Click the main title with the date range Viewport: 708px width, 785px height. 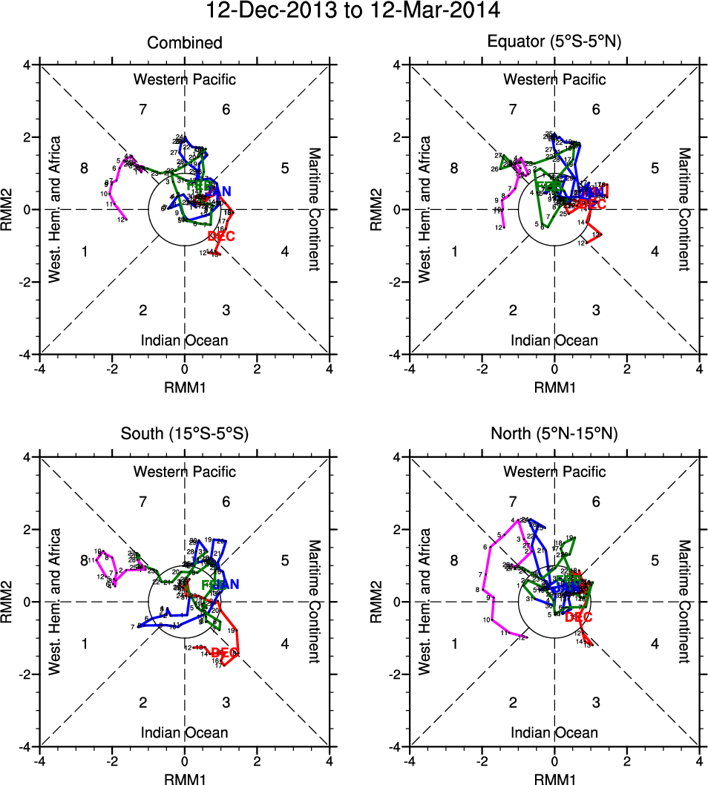tap(353, 11)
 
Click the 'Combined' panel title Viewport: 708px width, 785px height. tap(184, 43)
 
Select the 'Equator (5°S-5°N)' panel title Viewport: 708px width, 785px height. tap(554, 43)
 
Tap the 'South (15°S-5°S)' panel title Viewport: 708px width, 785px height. tap(184, 435)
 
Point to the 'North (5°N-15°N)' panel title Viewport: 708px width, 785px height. tap(554, 435)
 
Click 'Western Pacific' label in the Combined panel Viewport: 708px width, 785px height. tap(184, 79)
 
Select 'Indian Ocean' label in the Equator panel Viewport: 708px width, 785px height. tap(554, 340)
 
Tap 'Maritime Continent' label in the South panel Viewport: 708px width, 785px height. tap(315, 601)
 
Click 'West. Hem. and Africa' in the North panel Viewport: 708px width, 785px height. tap(424, 601)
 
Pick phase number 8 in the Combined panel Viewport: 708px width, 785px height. tap(85, 168)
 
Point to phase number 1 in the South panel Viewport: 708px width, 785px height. tap(85, 643)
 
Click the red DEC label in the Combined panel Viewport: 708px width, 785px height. tap(222, 236)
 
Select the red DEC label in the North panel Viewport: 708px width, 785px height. tap(579, 617)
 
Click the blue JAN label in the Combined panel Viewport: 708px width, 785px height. tap(214, 192)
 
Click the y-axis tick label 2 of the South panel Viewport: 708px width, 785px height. tap(27, 529)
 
